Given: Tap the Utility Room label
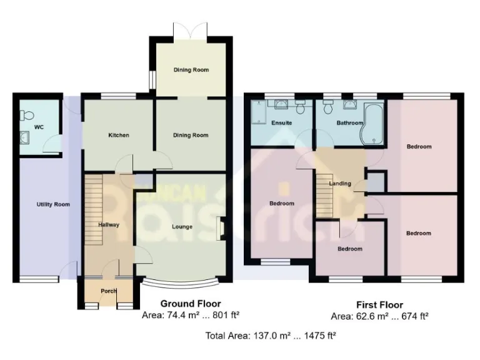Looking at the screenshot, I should (53, 204).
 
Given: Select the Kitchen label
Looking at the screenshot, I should (118, 135).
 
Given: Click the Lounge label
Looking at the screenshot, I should (182, 226).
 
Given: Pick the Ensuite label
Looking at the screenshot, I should (281, 122).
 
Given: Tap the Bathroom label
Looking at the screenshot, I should (349, 122).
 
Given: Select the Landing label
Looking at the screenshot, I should (340, 184).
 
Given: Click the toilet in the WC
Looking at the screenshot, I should (27, 115).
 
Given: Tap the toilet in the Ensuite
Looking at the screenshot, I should (301, 108).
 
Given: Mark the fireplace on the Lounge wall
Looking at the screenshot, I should (220, 227).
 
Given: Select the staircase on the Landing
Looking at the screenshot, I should (324, 194).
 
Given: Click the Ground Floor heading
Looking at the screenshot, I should (190, 304).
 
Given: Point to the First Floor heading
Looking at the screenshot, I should (379, 305).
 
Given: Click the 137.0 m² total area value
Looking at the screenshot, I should (270, 336).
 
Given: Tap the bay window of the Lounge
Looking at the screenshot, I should (182, 282).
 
